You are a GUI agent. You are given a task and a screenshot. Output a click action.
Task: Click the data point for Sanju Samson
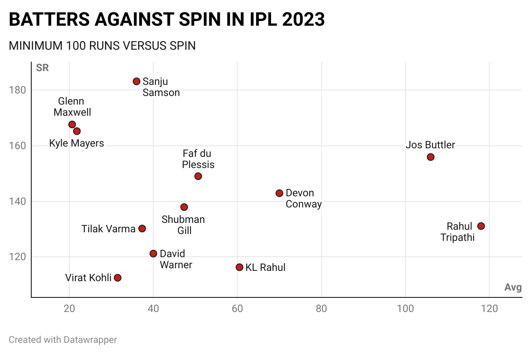click(137, 81)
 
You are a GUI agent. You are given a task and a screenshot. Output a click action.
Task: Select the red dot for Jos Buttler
click(431, 157)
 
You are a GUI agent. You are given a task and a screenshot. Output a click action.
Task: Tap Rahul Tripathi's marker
click(481, 226)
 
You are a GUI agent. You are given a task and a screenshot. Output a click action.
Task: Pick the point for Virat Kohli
click(118, 278)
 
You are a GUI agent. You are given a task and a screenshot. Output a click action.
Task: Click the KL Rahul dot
click(239, 267)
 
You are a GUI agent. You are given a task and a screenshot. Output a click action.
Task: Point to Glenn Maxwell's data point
click(72, 124)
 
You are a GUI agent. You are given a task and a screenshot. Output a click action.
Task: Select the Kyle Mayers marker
click(77, 131)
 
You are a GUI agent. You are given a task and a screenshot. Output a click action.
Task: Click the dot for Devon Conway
click(280, 193)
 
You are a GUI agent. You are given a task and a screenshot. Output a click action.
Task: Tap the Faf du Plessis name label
click(198, 159)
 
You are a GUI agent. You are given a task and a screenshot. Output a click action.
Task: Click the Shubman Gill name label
click(183, 225)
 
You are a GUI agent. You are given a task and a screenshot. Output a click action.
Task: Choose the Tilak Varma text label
click(108, 229)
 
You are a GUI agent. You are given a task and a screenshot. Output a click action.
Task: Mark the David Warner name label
click(176, 259)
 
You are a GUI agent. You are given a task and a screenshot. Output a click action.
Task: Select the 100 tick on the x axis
click(405, 309)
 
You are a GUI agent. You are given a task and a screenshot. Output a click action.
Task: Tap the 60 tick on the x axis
click(237, 309)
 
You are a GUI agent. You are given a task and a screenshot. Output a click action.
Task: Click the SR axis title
click(42, 68)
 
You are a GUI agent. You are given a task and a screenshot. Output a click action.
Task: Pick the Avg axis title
click(513, 287)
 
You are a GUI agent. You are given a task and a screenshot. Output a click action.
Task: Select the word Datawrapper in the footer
click(90, 340)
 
